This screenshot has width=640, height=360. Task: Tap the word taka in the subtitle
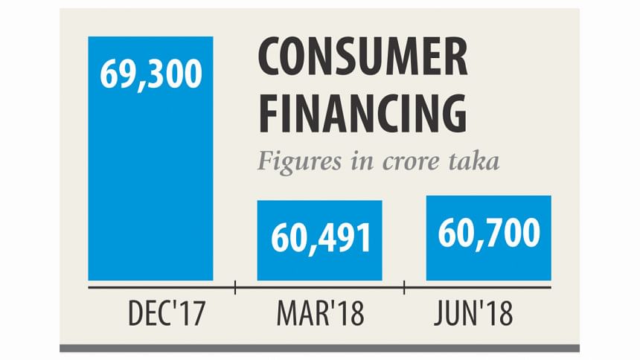(x=474, y=162)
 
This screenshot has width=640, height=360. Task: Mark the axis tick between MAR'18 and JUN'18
(x=404, y=286)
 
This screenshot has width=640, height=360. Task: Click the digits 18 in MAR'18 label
(x=350, y=315)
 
